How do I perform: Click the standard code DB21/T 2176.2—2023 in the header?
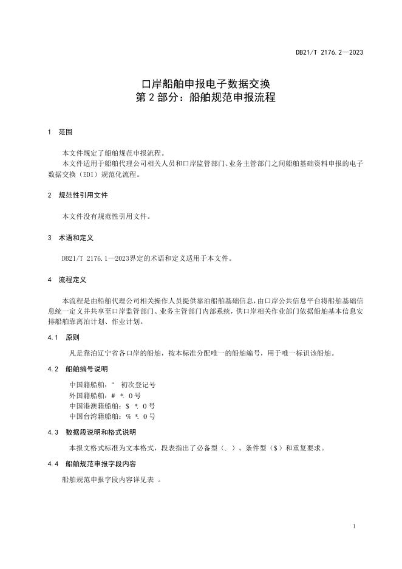pos(329,53)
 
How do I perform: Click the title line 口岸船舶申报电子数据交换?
pos(200,83)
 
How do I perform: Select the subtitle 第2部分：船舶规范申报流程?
pos(200,97)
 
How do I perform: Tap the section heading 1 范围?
pos(60,132)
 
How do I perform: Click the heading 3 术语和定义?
pos(70,238)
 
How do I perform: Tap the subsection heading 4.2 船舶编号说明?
pos(76,368)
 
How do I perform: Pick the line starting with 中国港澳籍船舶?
pos(112,406)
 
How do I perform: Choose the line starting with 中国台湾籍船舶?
pos(112,417)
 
